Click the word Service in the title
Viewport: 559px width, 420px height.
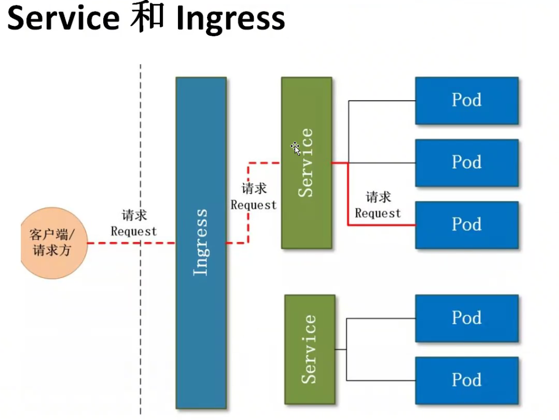(63, 19)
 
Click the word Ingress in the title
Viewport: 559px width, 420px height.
(231, 20)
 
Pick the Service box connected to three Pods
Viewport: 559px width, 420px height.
(306, 163)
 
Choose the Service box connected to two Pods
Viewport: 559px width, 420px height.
(310, 349)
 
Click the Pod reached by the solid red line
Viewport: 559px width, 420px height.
(466, 224)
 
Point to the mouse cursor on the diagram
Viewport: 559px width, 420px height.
(295, 148)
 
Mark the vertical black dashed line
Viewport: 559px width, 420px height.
(141, 330)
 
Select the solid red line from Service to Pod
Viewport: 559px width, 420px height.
(348, 198)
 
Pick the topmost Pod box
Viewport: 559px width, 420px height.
(466, 100)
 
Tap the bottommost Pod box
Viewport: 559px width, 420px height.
(466, 380)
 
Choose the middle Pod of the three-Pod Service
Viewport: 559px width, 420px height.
(466, 162)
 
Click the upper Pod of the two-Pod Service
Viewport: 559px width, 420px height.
(466, 318)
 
